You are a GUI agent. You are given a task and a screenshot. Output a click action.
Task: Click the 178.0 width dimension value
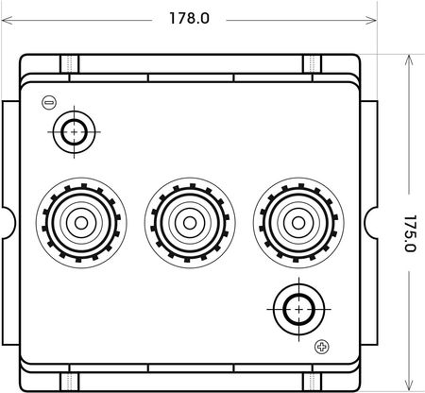pos(189,18)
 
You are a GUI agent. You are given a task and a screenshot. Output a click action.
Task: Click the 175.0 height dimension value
pos(410,233)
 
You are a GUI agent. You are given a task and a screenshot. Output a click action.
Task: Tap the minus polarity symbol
pos(49,103)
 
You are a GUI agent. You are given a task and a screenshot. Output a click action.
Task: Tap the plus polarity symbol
pos(322,347)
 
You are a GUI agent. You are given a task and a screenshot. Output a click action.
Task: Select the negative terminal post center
pos(74,132)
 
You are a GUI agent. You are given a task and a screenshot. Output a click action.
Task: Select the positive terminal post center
pos(298,309)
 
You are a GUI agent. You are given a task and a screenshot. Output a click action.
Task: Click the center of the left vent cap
pos(81,223)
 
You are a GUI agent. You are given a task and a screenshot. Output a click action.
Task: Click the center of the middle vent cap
pos(190,223)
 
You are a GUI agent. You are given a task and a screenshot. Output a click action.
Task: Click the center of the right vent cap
pos(298,223)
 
